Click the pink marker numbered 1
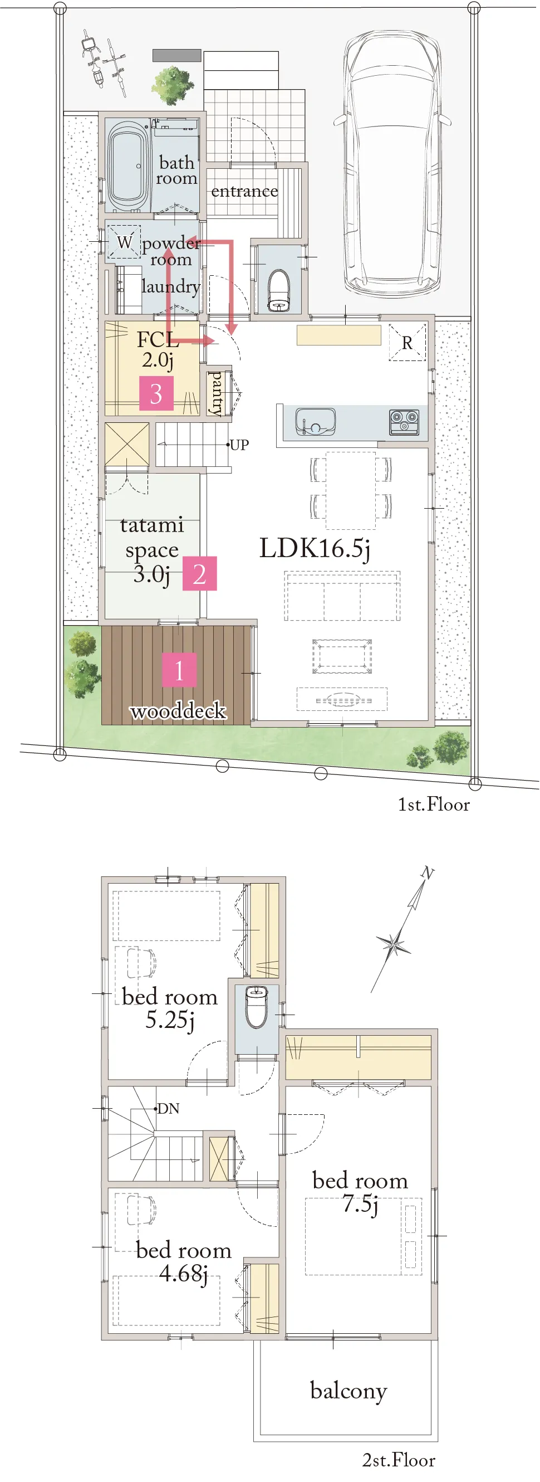(x=179, y=670)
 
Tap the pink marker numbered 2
(x=199, y=574)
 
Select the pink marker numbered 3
(x=156, y=393)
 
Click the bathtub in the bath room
(x=127, y=165)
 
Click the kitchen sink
(x=315, y=422)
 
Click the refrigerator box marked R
(x=407, y=343)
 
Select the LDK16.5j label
(x=315, y=548)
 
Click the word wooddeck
(x=178, y=711)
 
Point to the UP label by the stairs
(x=239, y=445)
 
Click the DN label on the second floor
(x=168, y=1109)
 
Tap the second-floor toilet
(x=257, y=1006)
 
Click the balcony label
(x=348, y=1391)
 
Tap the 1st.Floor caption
(x=434, y=805)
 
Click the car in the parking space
(x=393, y=161)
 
